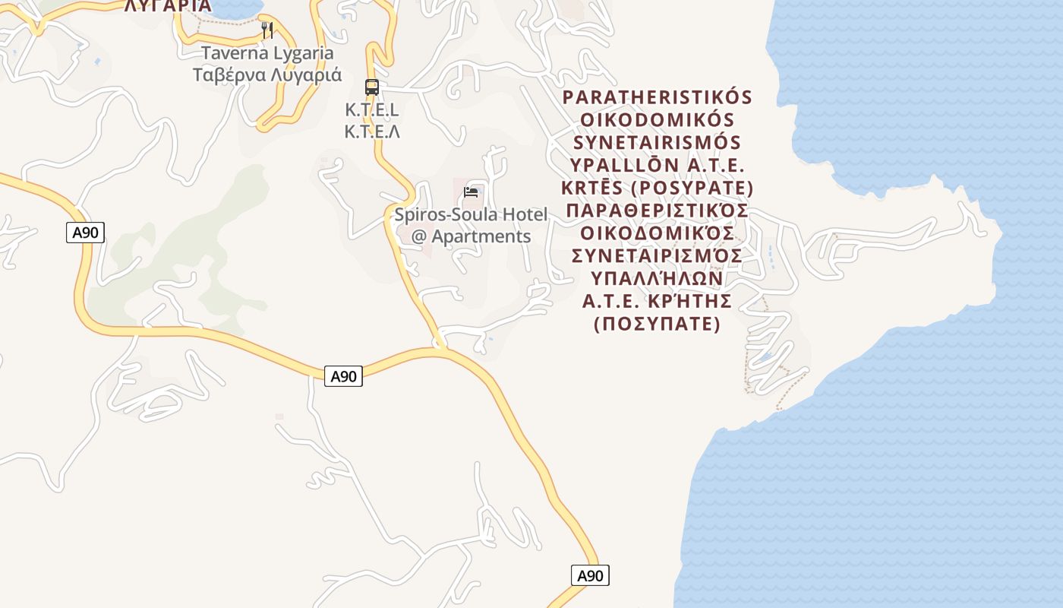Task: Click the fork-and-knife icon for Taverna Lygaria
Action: point(267,30)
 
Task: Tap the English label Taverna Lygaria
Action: point(267,53)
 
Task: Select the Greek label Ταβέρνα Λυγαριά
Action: point(267,75)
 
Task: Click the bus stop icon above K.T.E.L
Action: point(371,87)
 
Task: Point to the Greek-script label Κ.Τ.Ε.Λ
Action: point(372,131)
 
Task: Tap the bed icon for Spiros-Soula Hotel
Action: point(471,192)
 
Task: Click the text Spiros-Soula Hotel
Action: point(471,214)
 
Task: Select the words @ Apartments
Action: point(471,236)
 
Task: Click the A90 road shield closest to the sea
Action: point(590,575)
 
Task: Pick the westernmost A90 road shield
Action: point(85,233)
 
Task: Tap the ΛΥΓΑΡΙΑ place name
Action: point(168,6)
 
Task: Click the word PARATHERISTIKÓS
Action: point(658,98)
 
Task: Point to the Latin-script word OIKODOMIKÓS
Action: point(658,121)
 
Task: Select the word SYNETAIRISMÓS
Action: point(658,143)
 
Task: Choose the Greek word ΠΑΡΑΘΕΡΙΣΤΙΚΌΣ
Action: point(658,211)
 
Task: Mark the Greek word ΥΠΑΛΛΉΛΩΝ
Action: point(658,278)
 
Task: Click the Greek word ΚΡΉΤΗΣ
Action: point(691,301)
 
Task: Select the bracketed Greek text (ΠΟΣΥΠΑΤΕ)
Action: point(658,324)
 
